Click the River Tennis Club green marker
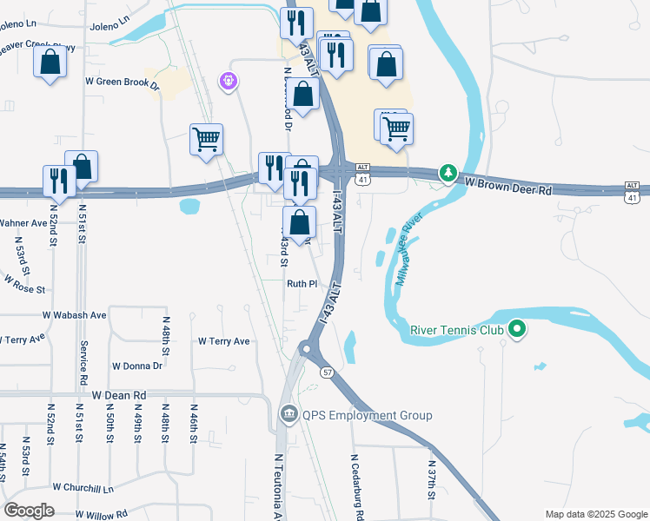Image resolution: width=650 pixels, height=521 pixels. point(517,329)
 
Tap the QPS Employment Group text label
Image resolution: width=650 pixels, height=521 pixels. point(367,416)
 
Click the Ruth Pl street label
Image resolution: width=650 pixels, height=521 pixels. point(302,283)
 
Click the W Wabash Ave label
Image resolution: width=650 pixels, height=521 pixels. point(74,314)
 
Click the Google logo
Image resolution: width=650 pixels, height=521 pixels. point(29,511)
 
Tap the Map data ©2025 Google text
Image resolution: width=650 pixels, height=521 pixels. point(595,514)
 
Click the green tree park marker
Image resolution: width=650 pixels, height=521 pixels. point(448,174)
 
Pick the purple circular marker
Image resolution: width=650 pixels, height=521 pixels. point(229,82)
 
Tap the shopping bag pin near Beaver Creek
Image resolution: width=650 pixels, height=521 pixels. point(50,63)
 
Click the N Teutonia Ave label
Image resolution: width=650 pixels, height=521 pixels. point(279,486)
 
